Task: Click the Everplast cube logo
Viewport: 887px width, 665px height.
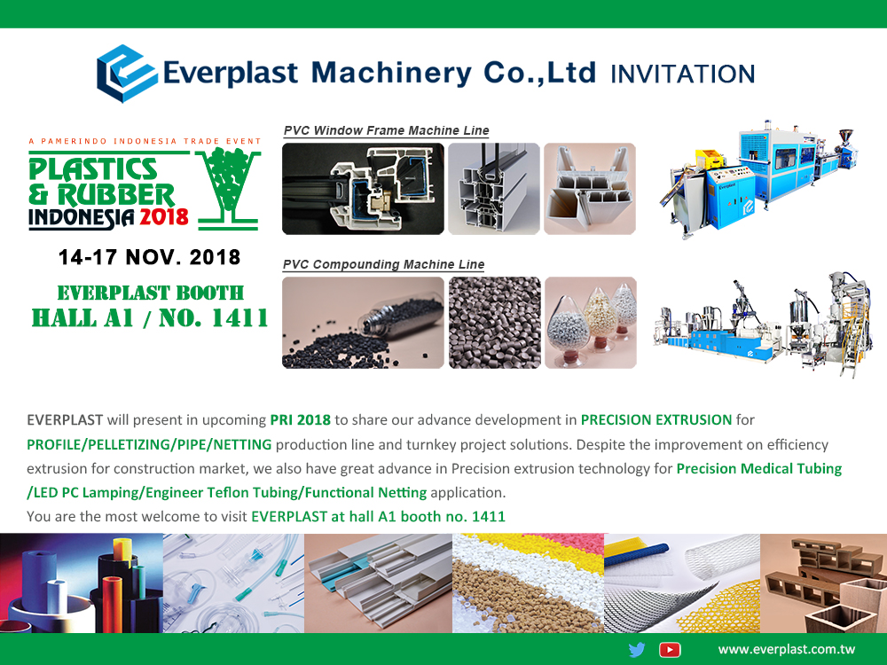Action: coord(127,74)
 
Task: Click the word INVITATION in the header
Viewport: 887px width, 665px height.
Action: coord(683,74)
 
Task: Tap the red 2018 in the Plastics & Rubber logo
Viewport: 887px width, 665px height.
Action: coord(164,216)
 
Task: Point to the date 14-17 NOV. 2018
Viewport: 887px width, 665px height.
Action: coord(149,257)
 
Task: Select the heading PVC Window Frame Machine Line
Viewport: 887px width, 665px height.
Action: coord(387,130)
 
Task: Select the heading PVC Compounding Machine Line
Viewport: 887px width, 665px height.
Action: coord(383,264)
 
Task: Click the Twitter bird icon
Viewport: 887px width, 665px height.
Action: coord(636,650)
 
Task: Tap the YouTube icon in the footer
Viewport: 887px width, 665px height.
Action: coord(670,650)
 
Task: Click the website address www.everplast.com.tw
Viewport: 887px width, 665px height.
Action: coord(786,650)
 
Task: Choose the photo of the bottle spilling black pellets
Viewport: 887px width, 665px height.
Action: coord(363,323)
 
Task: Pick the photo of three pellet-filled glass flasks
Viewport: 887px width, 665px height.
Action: coord(591,323)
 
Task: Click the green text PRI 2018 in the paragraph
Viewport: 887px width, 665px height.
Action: coord(301,420)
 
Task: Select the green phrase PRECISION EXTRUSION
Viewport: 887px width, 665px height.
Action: coord(656,420)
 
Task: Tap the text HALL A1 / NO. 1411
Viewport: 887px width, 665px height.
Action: coord(150,318)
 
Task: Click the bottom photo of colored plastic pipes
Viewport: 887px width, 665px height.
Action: coord(82,583)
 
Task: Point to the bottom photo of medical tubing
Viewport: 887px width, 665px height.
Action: coord(233,583)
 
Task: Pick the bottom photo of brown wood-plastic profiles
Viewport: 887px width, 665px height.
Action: coord(824,583)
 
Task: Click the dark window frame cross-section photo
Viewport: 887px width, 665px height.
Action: coord(363,189)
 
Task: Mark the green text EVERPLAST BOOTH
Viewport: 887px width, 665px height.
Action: coord(151,293)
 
